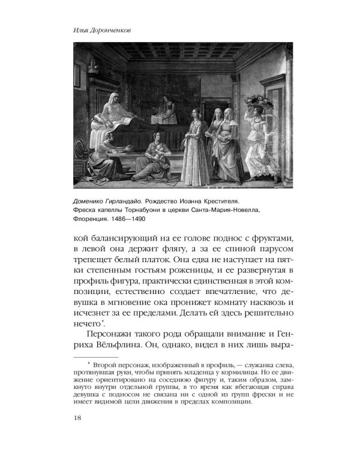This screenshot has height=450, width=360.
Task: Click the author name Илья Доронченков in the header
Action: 100,29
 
